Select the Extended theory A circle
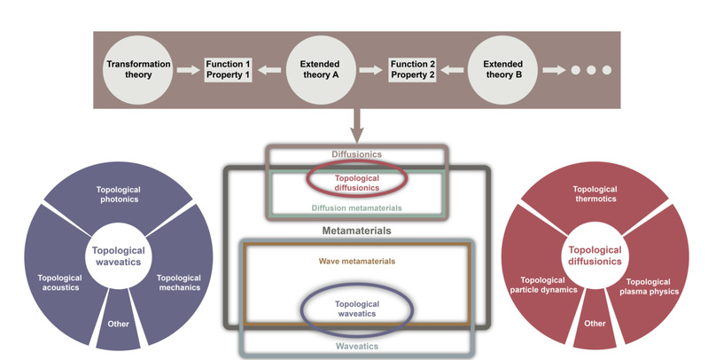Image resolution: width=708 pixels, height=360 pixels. point(320,70)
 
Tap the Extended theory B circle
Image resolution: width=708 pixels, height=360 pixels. point(502,70)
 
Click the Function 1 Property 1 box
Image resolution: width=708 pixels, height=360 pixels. point(230,70)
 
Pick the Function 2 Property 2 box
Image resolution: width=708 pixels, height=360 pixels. point(413,70)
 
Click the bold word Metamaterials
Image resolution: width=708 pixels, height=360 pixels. point(358,231)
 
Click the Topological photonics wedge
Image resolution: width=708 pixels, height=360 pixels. point(122,196)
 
